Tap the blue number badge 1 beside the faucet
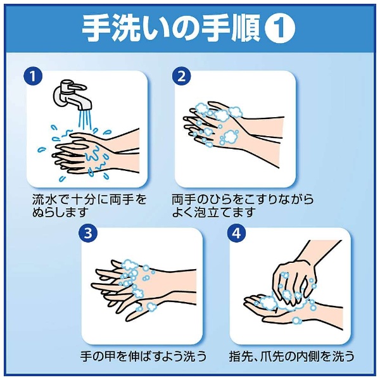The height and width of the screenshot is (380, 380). coord(33,76)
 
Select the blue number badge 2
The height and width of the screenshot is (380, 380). coord(182,76)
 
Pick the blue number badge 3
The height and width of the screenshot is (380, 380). coord(88,233)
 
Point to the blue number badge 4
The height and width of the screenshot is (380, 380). coord(236,233)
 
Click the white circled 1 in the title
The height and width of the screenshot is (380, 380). coord(280,28)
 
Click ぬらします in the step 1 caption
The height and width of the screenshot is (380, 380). coord(60,213)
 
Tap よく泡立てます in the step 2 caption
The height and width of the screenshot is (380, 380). coord(214,213)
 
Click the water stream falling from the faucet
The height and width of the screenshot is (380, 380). coord(85,119)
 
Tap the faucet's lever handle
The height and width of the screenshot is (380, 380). coord(77,87)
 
